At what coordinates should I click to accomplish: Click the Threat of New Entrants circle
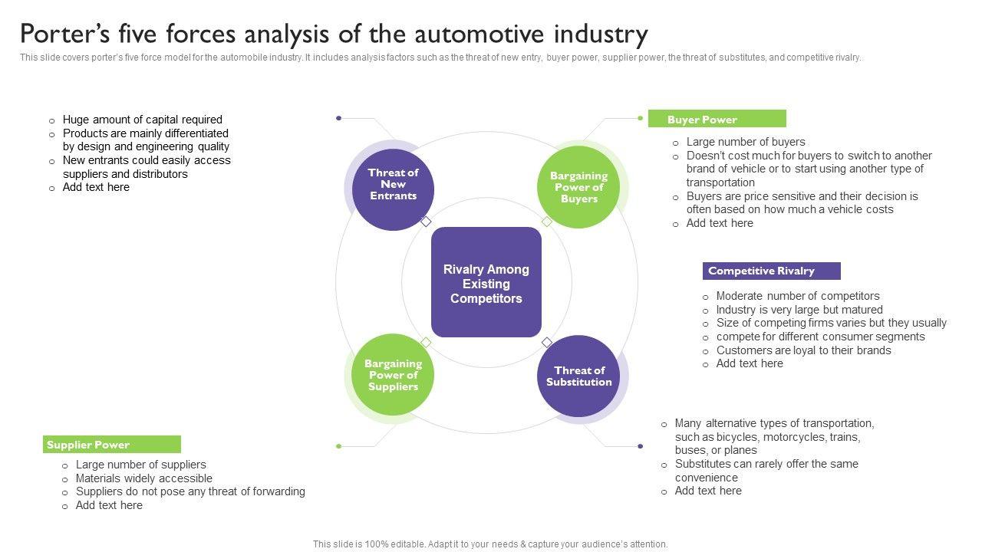coord(393,189)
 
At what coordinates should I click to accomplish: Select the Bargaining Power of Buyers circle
coord(578,187)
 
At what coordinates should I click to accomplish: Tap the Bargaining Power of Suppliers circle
coord(393,375)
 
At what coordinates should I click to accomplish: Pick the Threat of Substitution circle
coord(578,376)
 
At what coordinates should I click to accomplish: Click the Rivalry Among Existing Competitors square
coord(486,282)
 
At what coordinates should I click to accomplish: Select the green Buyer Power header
coord(717,119)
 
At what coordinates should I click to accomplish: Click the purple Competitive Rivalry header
coord(772,271)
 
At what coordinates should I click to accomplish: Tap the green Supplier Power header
coord(112,444)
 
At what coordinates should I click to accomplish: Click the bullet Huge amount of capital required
coord(142,120)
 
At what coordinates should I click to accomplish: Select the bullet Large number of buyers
coord(746,142)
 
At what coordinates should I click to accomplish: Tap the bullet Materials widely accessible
coord(143,478)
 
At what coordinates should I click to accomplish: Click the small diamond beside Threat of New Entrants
coord(426,222)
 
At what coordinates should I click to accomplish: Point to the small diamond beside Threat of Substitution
coord(547,342)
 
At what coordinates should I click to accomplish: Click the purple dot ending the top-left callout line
coord(338,118)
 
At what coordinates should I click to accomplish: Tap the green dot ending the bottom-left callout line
coord(338,446)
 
